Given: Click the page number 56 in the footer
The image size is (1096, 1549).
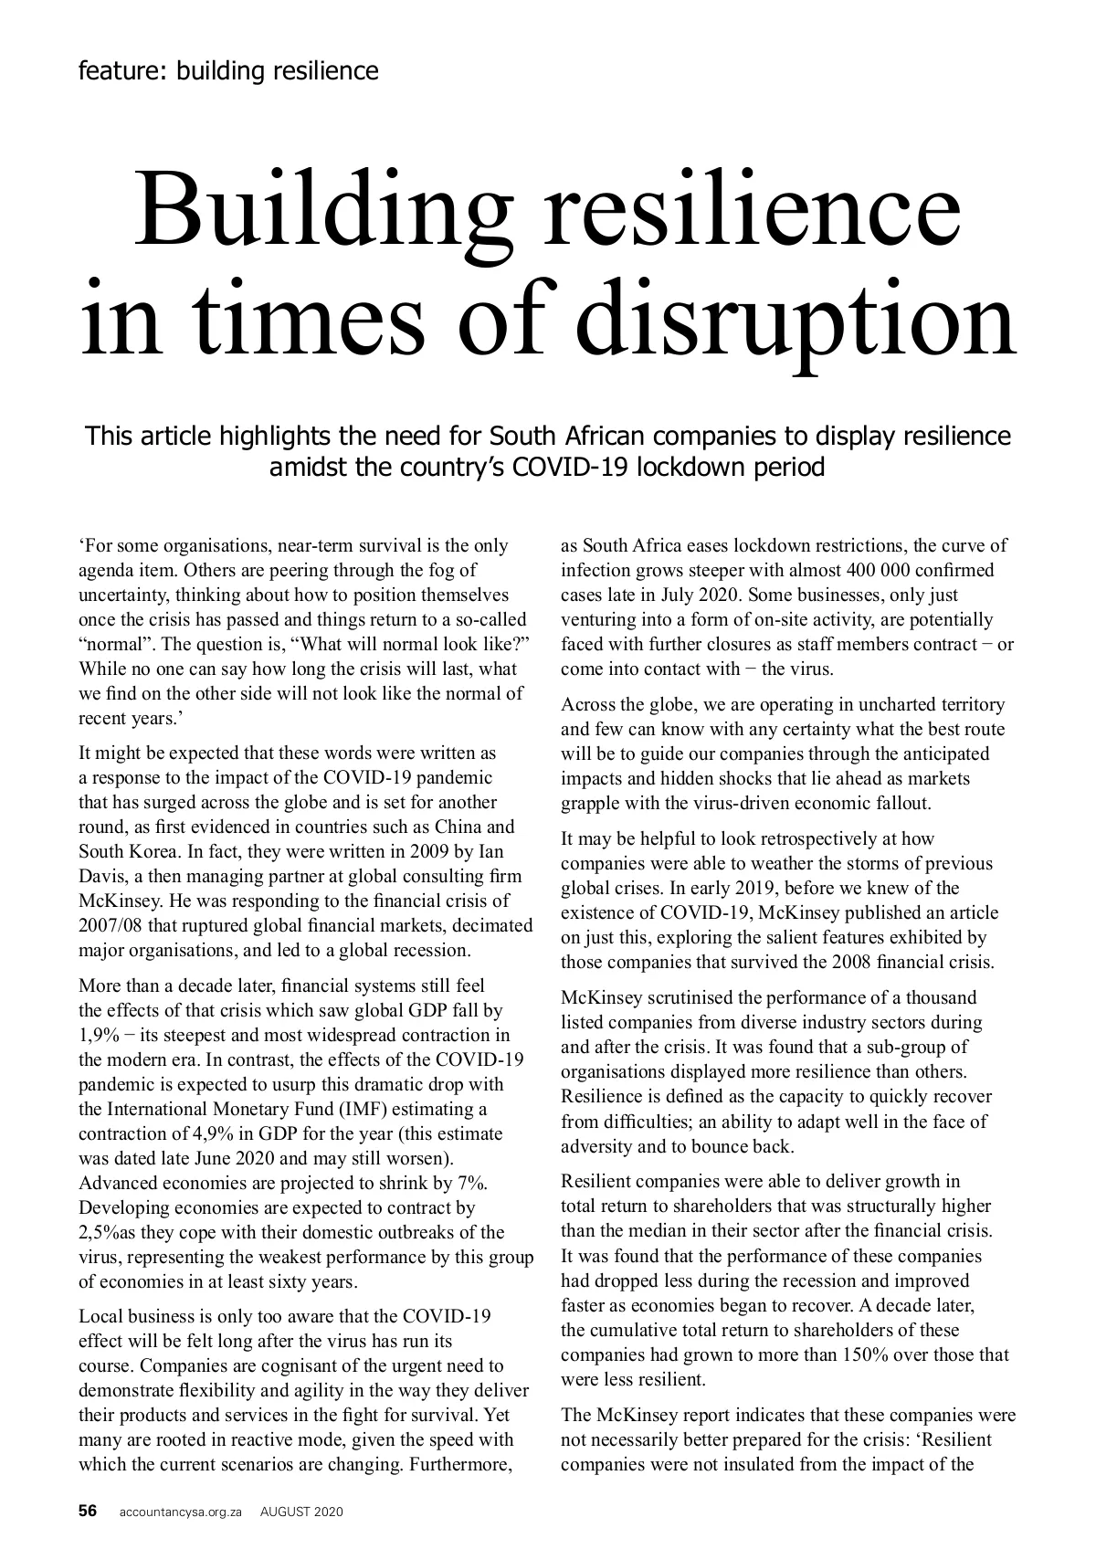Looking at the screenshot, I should point(88,1511).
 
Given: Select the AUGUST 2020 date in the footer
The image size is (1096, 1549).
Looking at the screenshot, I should point(301,1512).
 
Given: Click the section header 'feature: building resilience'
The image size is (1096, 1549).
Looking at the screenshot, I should point(228,70).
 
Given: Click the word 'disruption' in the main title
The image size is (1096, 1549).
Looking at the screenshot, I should point(800,322).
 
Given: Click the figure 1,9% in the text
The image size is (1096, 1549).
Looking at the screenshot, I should point(98,1035).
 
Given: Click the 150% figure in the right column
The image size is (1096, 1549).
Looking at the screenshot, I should point(875,1354).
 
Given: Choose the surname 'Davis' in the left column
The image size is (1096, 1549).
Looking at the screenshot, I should point(102,876).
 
